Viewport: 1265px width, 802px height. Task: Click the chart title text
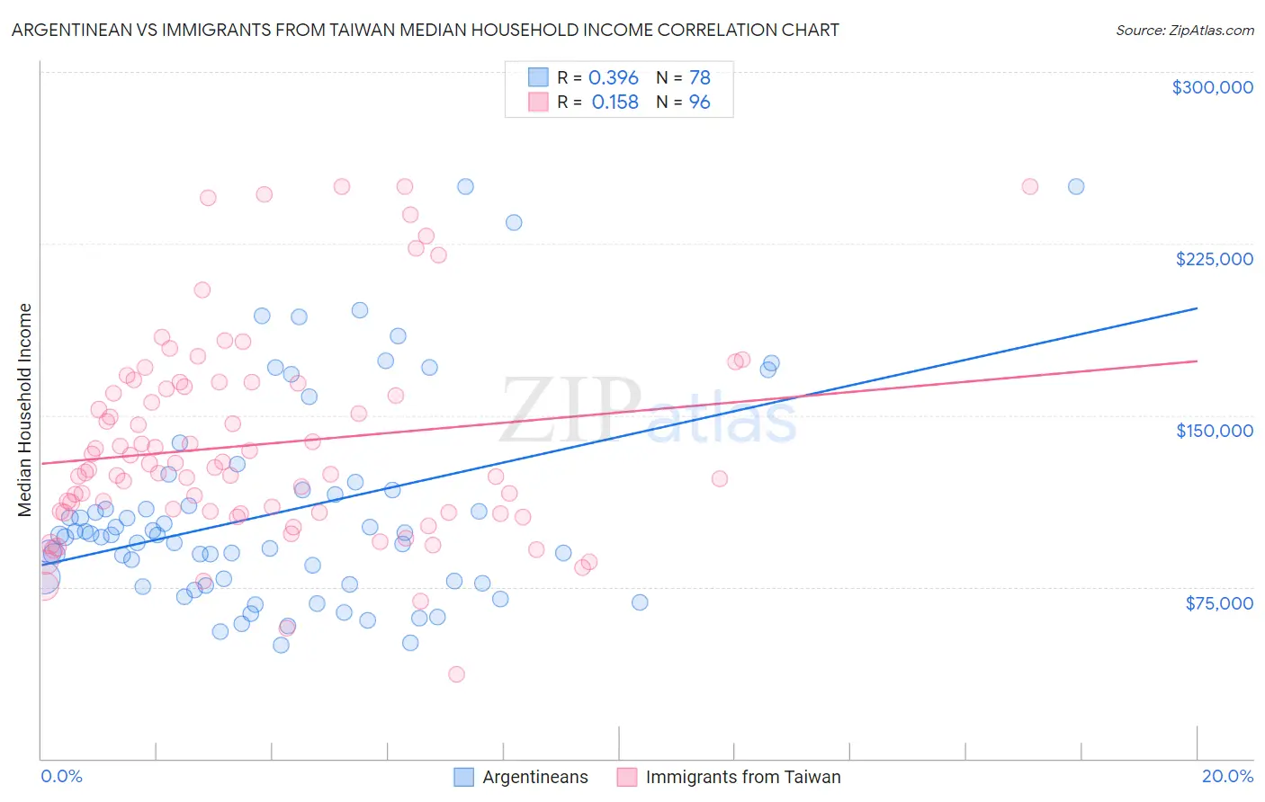[425, 30]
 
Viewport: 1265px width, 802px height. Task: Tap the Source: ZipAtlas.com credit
[1184, 30]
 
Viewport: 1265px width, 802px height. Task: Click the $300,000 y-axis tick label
[1212, 87]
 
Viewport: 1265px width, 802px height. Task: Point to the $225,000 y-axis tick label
[1214, 259]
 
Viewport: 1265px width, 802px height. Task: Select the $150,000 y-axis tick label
[1214, 431]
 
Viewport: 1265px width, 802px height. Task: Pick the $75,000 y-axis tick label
[1218, 603]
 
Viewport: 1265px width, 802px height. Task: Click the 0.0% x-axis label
[61, 776]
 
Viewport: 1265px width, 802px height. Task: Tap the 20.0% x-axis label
[1227, 776]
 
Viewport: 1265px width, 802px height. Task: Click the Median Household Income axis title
[24, 410]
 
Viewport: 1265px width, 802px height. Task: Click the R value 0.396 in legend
[613, 77]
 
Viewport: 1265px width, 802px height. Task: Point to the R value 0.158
[615, 102]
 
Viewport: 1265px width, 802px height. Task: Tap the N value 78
[699, 77]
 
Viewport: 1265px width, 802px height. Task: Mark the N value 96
[699, 102]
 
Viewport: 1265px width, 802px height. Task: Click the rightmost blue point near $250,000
[1075, 187]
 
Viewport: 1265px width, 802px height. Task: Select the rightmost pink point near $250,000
[1029, 187]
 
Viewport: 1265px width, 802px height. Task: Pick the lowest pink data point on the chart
[456, 674]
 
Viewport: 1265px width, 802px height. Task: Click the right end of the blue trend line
[1196, 308]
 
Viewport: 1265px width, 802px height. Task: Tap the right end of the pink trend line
[1196, 361]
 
